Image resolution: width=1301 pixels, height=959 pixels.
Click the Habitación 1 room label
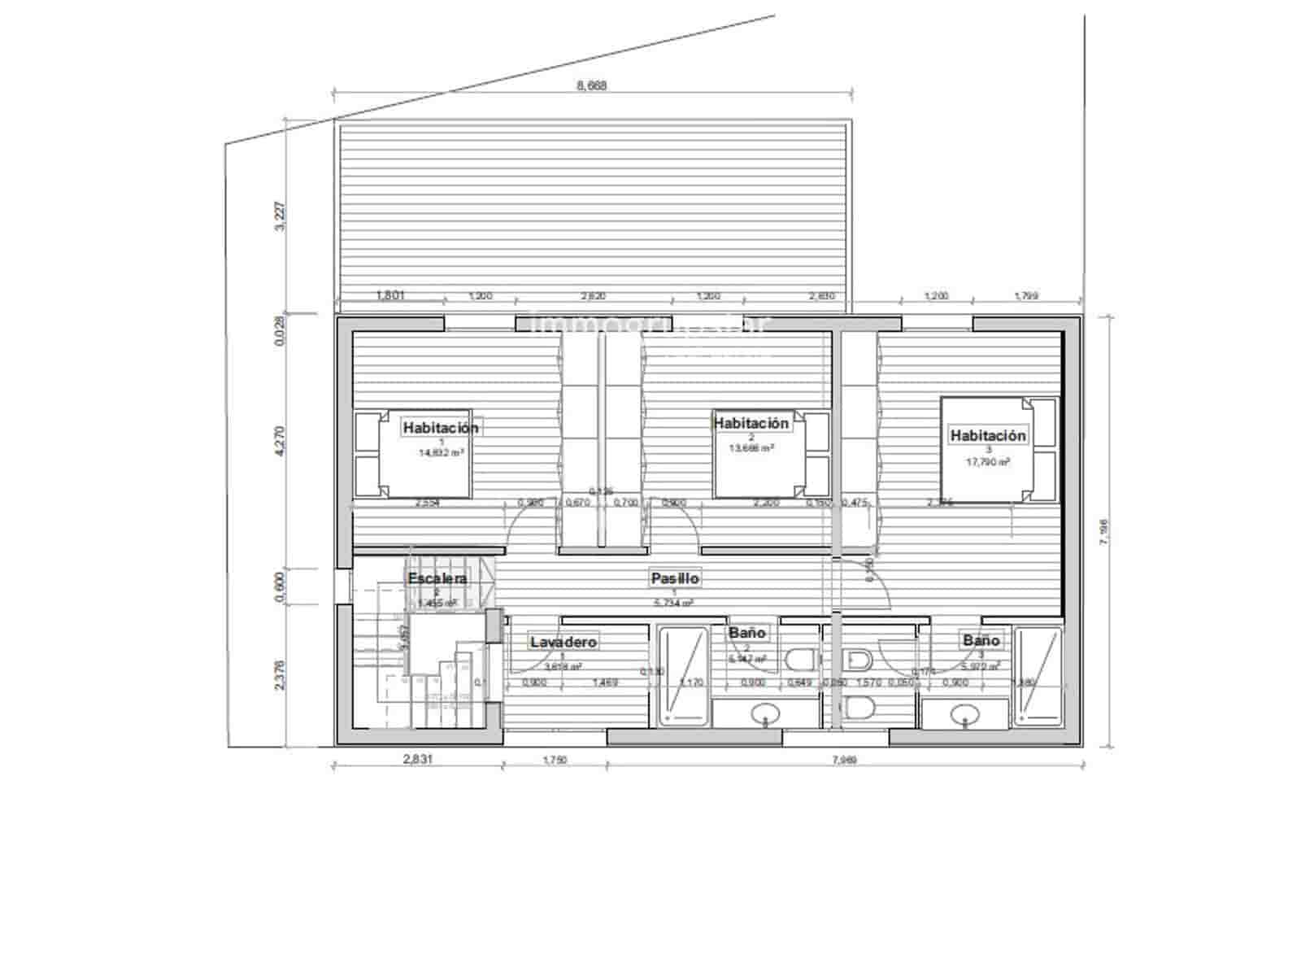pos(441,427)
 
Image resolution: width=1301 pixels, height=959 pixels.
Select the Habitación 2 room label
pos(751,423)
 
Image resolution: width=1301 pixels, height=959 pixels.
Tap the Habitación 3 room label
pos(988,435)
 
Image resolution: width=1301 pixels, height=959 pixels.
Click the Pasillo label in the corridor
pos(674,578)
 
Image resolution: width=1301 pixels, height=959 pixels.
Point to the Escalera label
pos(437,578)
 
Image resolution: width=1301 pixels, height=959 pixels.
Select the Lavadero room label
pos(563,642)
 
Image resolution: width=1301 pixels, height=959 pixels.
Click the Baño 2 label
pos(746,632)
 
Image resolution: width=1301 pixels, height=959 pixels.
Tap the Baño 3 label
pos(981,640)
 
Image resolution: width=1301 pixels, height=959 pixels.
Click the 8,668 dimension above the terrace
pos(591,85)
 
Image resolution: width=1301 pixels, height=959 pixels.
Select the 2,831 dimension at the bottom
pos(417,760)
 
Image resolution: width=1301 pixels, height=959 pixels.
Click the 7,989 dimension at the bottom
pos(845,761)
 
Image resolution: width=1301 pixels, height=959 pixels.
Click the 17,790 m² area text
pos(988,461)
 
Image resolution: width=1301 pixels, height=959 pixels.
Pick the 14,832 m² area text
pos(441,452)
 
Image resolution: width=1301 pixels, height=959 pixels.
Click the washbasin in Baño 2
pos(764,715)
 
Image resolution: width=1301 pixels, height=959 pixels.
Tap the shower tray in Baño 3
pos(1038,676)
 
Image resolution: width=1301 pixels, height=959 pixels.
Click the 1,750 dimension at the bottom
pos(554,761)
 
